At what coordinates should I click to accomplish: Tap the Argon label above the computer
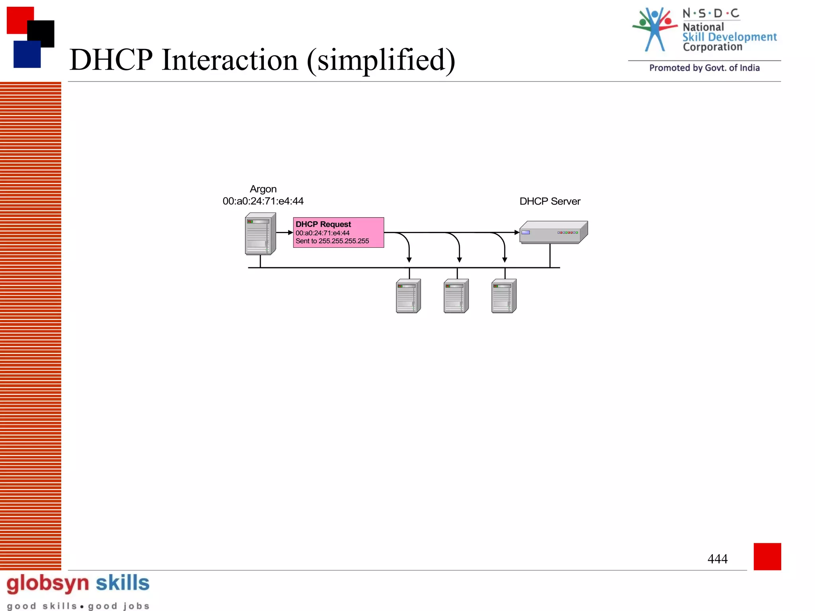[x=263, y=189]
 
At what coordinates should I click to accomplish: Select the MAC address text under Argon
[x=263, y=201]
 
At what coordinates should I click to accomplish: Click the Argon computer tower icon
[x=260, y=234]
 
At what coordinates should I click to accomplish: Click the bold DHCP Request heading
[x=323, y=224]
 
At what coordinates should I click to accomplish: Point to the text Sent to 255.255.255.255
[x=332, y=241]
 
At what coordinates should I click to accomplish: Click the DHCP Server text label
[x=550, y=201]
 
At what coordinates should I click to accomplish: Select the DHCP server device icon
[x=553, y=232]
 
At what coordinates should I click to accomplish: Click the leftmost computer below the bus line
[x=408, y=296]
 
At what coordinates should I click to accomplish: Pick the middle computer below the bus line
[x=456, y=296]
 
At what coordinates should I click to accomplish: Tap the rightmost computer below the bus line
[x=504, y=296]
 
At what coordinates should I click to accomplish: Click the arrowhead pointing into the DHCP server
[x=517, y=232]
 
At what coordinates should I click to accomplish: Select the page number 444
[x=717, y=559]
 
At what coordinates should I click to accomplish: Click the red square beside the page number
[x=767, y=556]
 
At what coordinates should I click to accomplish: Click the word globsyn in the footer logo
[x=48, y=583]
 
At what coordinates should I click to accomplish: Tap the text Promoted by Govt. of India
[x=704, y=68]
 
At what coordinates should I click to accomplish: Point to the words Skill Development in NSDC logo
[x=729, y=37]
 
